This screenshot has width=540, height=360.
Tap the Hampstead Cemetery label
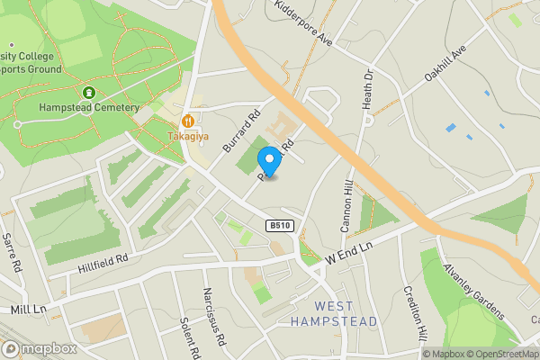[x=89, y=108]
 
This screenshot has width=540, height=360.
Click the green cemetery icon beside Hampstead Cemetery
[x=88, y=93]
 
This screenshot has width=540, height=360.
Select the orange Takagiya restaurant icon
[x=188, y=121]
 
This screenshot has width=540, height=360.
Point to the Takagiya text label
[x=187, y=137]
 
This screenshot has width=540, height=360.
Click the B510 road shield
[x=280, y=227]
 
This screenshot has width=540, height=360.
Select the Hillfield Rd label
[x=102, y=258]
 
